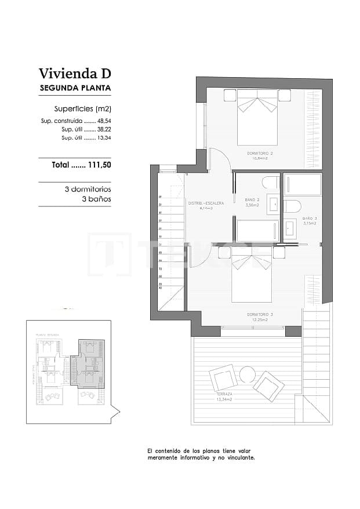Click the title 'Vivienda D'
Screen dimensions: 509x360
[x=74, y=74]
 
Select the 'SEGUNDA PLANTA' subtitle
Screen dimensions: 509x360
[x=75, y=89]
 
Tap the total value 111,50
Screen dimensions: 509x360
[x=99, y=165]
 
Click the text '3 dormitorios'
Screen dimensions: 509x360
[x=88, y=190]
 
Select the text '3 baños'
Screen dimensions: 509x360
[x=96, y=199]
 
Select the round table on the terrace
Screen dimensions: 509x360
[x=248, y=375]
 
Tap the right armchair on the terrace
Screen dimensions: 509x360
[x=268, y=385]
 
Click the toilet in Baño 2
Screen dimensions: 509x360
[x=271, y=183]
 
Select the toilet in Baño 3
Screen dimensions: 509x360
[x=292, y=206]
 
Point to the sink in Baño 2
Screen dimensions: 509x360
[x=273, y=205]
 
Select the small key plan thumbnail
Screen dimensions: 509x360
[x=72, y=371]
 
